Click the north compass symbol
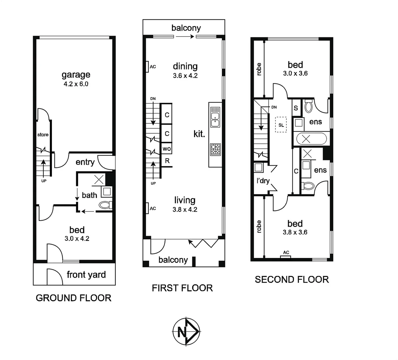coord(186,331)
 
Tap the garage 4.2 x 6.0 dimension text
coord(76,84)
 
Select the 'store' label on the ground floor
coord(43,135)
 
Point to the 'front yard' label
coord(86,275)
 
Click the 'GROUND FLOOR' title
coord(73,298)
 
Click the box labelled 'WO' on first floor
coord(167,149)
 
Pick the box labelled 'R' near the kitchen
coord(167,161)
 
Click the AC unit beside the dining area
coord(147,67)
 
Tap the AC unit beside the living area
coord(147,208)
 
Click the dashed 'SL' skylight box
coord(281,125)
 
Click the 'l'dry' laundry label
coord(263,181)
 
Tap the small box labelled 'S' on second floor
coord(296,108)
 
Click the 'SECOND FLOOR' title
coord(292,279)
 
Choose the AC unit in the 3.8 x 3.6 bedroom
coord(286,257)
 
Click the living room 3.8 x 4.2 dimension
coord(185,210)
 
